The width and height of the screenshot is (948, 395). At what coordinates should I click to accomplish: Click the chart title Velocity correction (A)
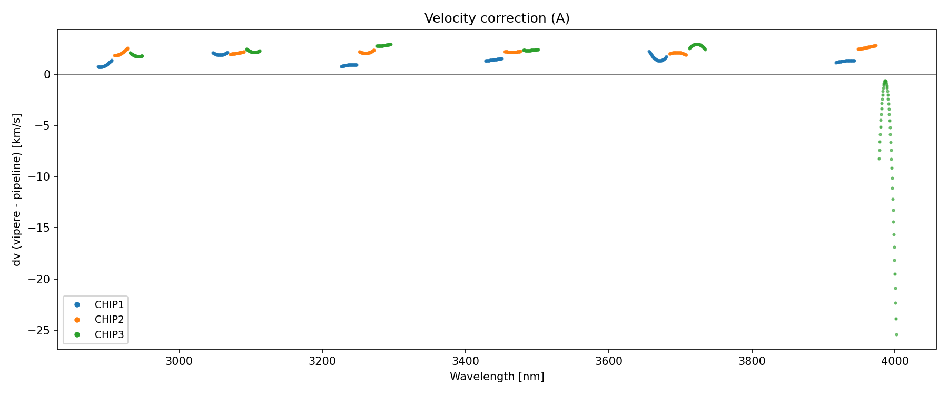click(x=497, y=18)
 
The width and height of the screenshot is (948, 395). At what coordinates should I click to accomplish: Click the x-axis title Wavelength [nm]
click(x=497, y=377)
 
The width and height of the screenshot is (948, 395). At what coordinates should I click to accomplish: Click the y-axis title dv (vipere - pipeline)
click(x=17, y=190)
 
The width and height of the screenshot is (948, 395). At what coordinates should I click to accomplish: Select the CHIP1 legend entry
click(x=109, y=304)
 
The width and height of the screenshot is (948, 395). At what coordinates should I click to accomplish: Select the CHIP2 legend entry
click(x=109, y=319)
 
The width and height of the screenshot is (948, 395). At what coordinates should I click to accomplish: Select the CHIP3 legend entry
click(x=109, y=334)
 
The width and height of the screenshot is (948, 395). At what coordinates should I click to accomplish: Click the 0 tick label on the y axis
click(x=47, y=74)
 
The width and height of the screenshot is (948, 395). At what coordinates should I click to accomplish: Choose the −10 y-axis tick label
click(x=39, y=176)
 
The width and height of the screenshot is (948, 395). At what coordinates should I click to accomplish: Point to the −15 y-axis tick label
click(x=39, y=228)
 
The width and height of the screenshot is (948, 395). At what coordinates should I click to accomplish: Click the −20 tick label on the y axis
click(x=39, y=279)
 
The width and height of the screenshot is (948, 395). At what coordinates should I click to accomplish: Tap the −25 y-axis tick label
click(x=39, y=330)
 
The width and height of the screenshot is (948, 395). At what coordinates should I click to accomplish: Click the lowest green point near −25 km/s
click(x=896, y=334)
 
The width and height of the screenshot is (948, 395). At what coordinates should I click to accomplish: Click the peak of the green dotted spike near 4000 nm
click(x=885, y=81)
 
